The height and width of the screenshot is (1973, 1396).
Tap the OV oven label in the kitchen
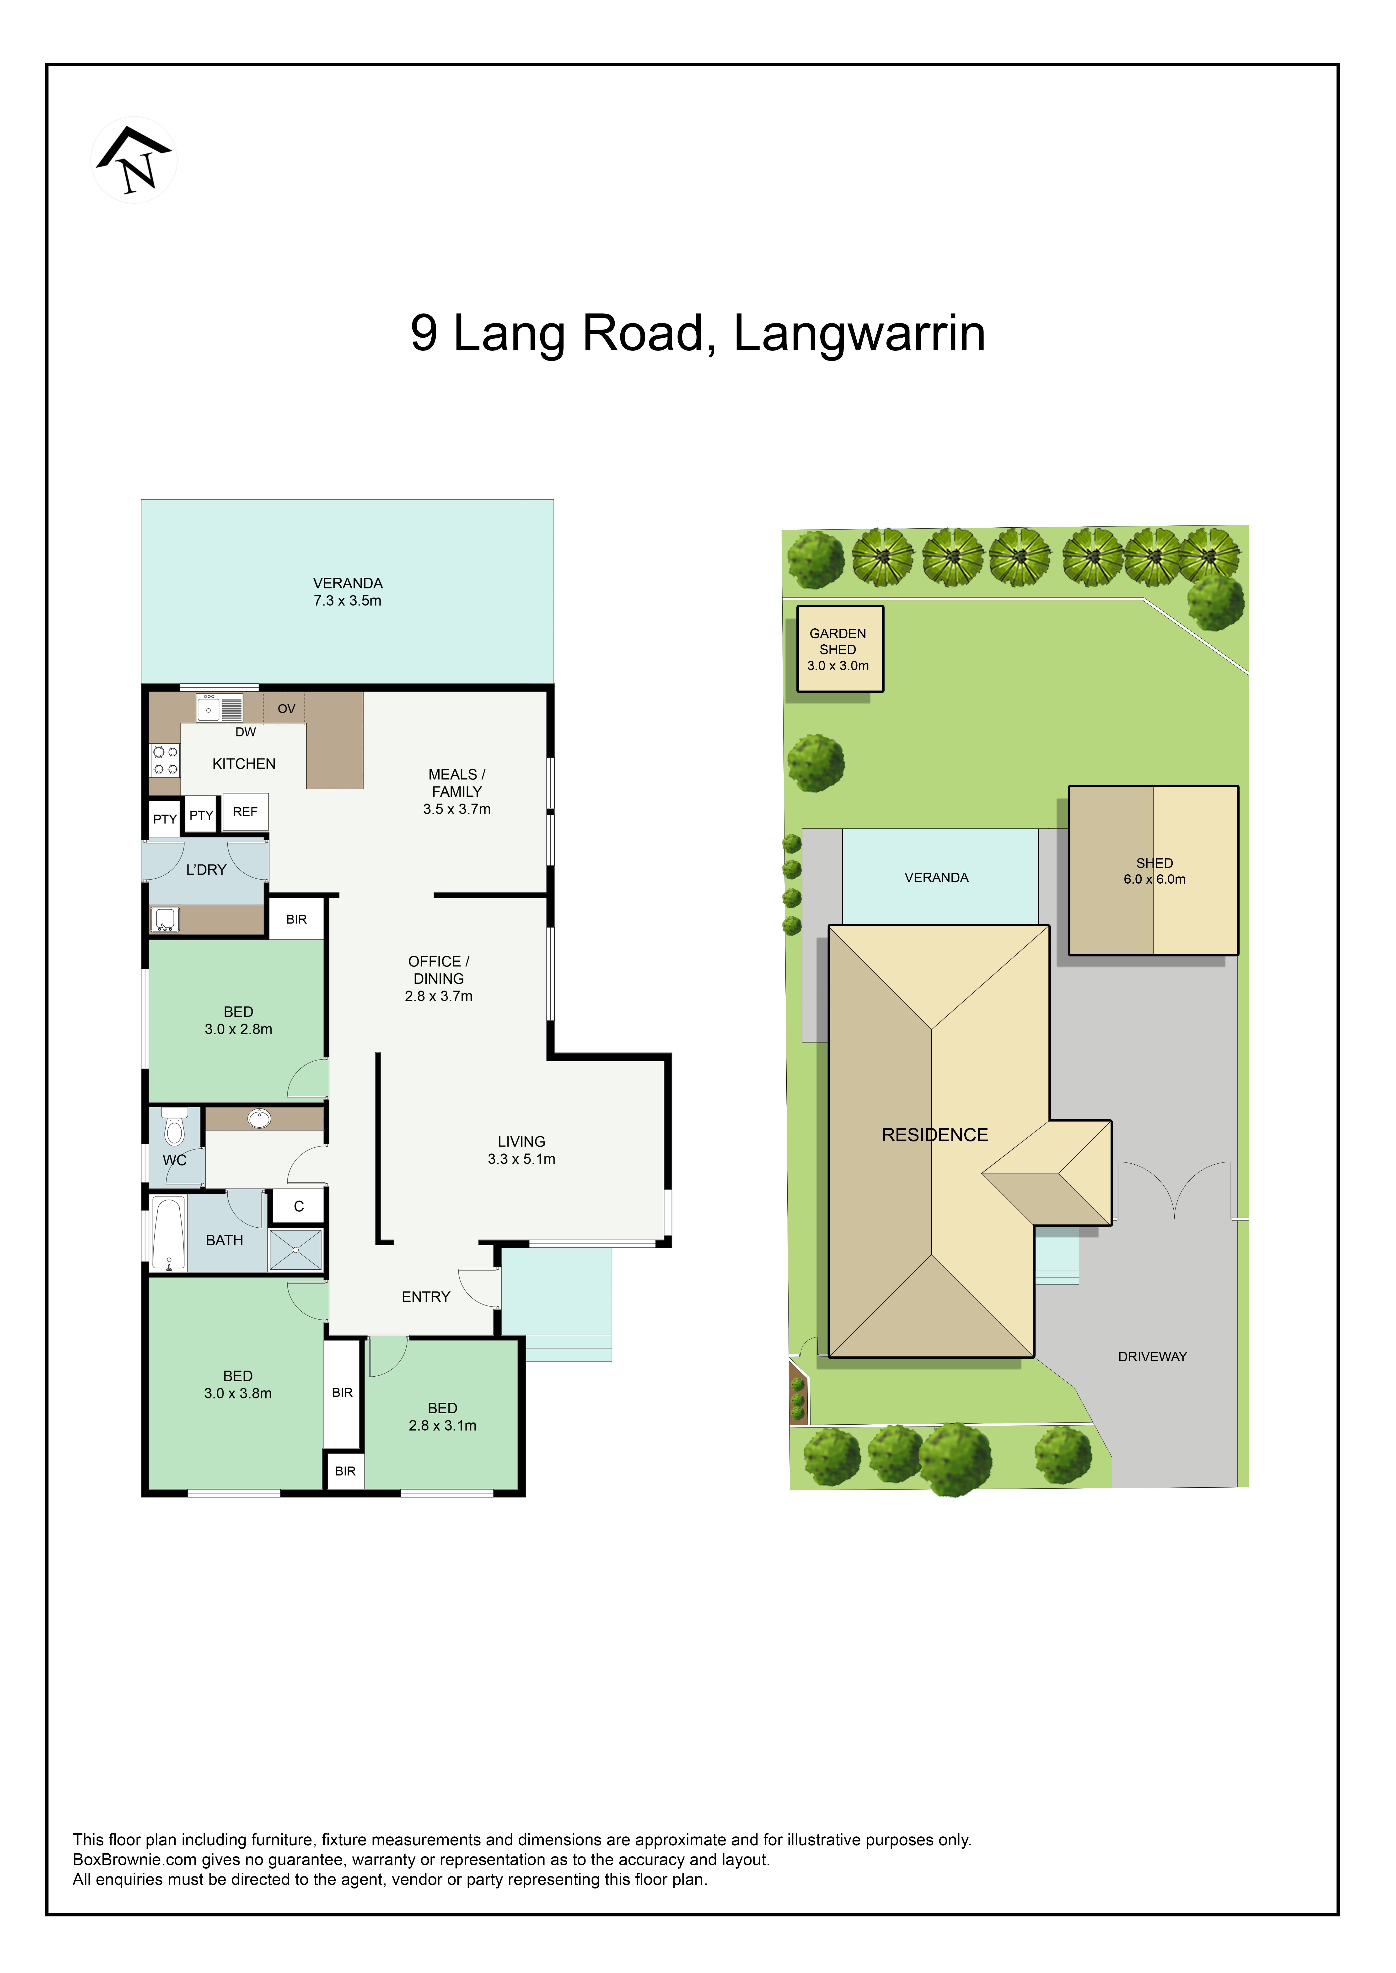coord(286,709)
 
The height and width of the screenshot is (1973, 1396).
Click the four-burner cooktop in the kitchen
coord(165,760)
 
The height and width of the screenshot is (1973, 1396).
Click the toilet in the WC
coord(174,1127)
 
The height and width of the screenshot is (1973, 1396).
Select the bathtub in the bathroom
coord(168,1233)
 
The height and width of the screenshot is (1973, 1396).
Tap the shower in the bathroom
coord(296,1249)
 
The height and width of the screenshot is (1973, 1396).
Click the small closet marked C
coord(298,1206)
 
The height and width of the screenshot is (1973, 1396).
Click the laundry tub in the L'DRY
coord(165,919)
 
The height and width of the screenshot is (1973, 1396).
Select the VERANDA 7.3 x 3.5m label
coord(347,592)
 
